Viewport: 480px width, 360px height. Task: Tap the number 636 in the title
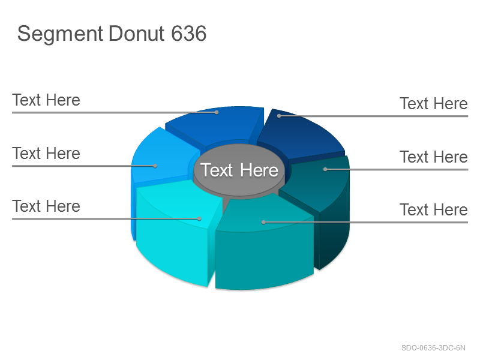pyautogui.click(x=189, y=34)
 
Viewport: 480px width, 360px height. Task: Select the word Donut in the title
pyautogui.click(x=137, y=34)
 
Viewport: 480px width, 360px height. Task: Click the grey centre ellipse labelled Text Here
pyautogui.click(x=239, y=170)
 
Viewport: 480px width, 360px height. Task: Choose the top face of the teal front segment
pyautogui.click(x=263, y=214)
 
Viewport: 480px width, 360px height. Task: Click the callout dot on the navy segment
pyautogui.click(x=279, y=116)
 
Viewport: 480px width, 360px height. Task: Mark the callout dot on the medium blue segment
pyautogui.click(x=217, y=112)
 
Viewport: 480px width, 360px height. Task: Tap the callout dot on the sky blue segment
pyautogui.click(x=155, y=166)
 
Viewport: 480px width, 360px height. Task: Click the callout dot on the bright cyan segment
pyautogui.click(x=199, y=218)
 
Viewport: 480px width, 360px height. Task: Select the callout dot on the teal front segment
pyautogui.click(x=263, y=222)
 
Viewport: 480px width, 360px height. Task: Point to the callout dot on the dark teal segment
pyautogui.click(x=325, y=169)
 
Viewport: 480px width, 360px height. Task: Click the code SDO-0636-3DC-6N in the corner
pyautogui.click(x=433, y=348)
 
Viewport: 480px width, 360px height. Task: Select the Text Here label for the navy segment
pyautogui.click(x=434, y=103)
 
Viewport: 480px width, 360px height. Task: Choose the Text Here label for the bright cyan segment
pyautogui.click(x=46, y=206)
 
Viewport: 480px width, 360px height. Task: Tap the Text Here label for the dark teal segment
pyautogui.click(x=434, y=157)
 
